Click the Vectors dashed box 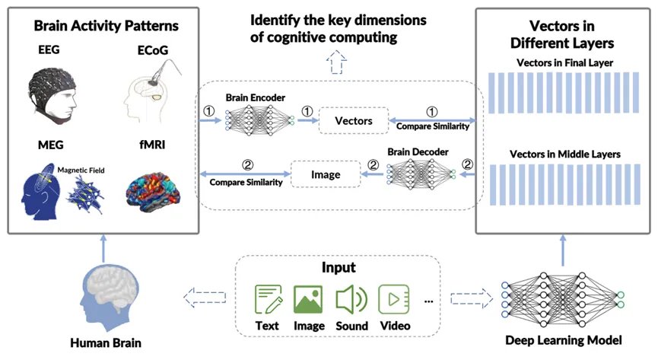point(353,121)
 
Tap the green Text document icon point(268,299)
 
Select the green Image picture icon point(309,299)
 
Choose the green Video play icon point(395,299)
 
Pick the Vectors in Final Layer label point(564,62)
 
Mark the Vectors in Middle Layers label point(564,155)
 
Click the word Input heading point(338,269)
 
